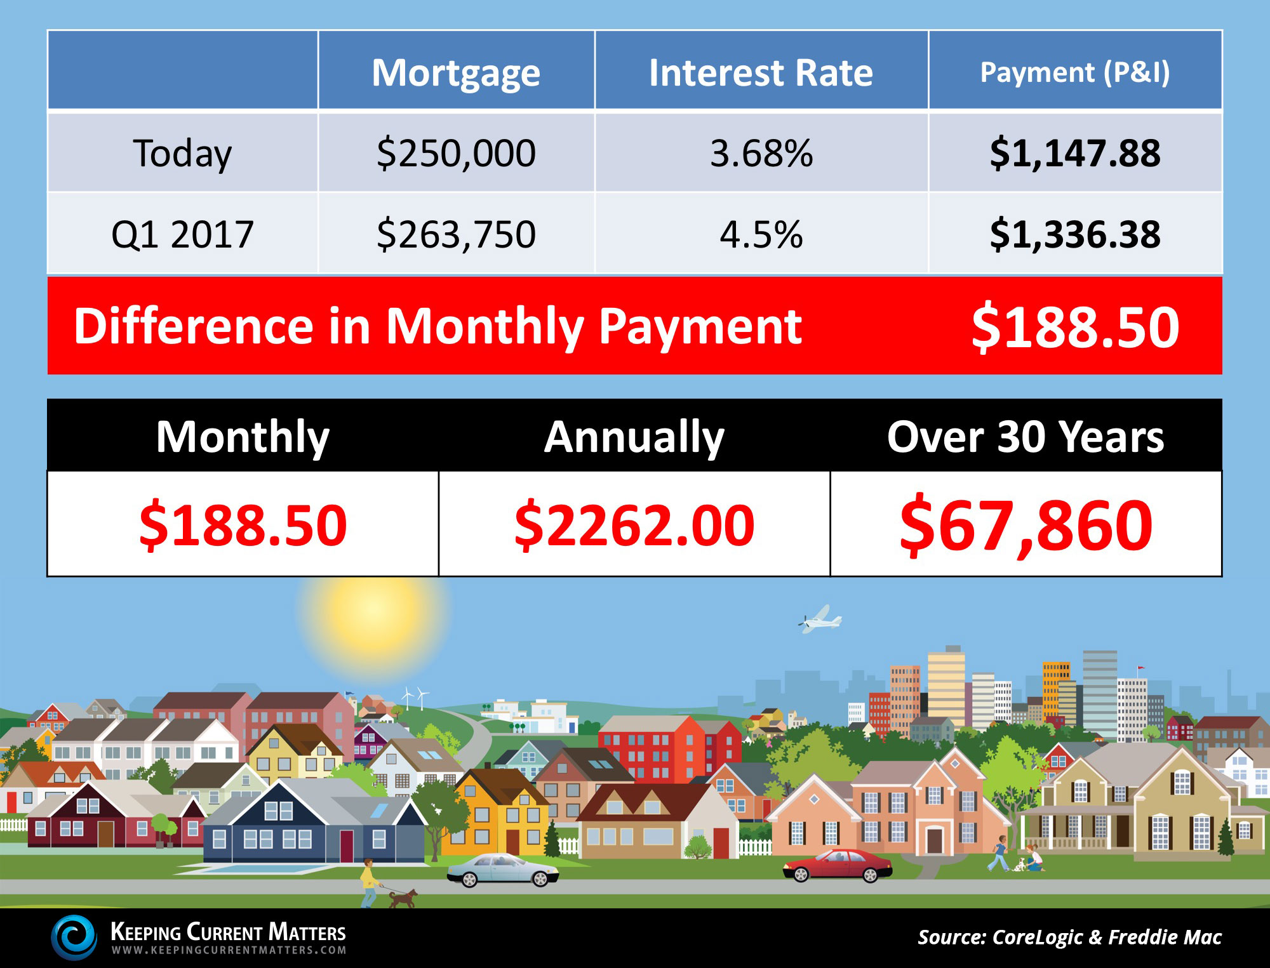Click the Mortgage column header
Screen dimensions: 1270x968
[x=456, y=73]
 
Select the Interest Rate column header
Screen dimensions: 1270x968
[x=761, y=72]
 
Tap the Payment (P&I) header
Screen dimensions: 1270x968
[x=1075, y=72]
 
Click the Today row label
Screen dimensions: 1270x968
[x=182, y=154]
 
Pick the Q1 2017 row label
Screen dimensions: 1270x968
[x=182, y=234]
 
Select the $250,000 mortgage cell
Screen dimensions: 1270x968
[x=456, y=154]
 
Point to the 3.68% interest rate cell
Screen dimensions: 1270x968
[x=761, y=154]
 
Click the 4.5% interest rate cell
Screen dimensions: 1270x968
[x=761, y=234]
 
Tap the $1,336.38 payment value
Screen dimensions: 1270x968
[x=1075, y=234]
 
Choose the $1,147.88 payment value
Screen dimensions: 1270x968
[x=1075, y=154]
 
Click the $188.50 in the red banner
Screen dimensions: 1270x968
[x=1075, y=327]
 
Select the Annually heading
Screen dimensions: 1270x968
[x=634, y=437]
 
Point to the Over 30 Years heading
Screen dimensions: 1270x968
[x=1026, y=437]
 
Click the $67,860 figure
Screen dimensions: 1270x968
[x=1026, y=526]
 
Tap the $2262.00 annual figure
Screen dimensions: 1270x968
[x=634, y=525]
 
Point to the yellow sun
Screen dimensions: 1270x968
[x=374, y=611]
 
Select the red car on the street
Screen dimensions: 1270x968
[x=837, y=866]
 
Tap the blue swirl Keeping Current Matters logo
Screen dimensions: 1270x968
[x=74, y=938]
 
